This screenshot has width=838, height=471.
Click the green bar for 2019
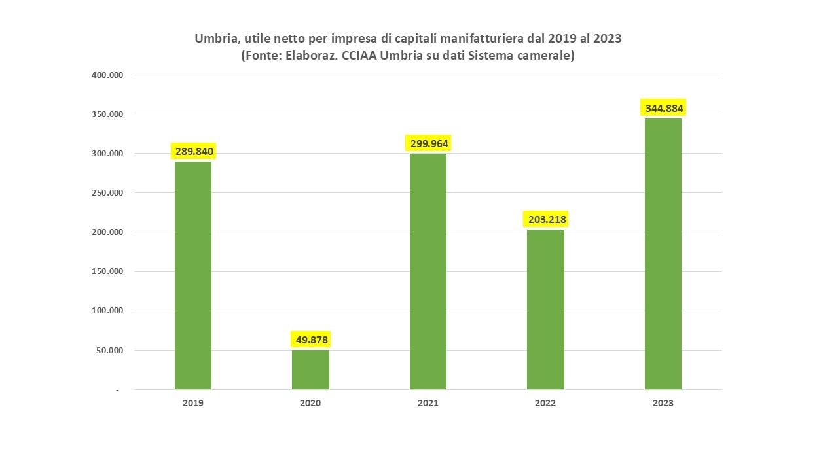193,275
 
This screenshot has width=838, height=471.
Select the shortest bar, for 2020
310,370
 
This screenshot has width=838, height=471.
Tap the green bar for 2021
428,271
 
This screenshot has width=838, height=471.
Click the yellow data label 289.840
194,152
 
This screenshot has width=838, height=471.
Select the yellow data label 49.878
310,340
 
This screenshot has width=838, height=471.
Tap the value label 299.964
429,144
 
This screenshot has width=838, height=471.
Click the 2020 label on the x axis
310,403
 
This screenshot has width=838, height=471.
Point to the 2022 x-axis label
545,403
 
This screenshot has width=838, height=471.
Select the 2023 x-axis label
663,403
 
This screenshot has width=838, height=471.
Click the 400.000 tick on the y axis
107,75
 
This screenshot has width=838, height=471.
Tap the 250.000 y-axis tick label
107,193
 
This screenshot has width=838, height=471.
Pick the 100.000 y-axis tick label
107,311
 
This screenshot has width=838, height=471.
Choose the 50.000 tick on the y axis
109,350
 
